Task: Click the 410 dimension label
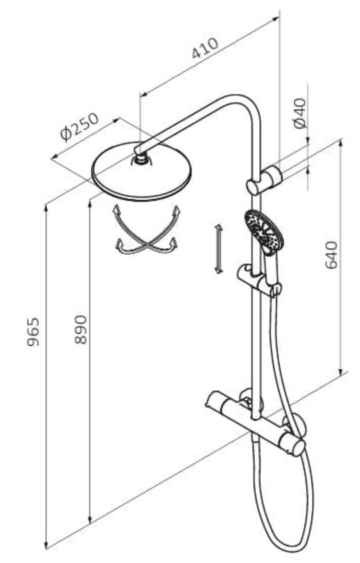click(x=205, y=48)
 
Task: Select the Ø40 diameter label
click(x=301, y=113)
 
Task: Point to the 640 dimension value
click(x=331, y=255)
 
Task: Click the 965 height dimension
click(x=33, y=332)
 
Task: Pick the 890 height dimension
click(x=81, y=330)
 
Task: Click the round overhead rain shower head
click(x=142, y=171)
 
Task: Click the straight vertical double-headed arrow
click(x=218, y=248)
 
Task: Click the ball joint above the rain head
click(x=143, y=158)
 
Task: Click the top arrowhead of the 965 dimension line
click(x=46, y=209)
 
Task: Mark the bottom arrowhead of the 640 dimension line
click(x=341, y=370)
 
